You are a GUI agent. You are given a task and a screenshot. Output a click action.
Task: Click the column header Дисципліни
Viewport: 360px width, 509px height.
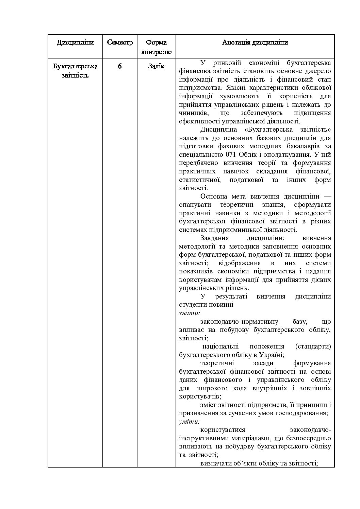point(75,43)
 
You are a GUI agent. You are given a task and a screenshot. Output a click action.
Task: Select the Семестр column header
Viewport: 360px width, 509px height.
point(120,43)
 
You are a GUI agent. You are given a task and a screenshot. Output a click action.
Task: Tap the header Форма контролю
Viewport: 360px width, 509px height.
point(156,47)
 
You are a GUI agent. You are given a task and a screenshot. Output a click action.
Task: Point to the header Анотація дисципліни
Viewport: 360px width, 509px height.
point(255,43)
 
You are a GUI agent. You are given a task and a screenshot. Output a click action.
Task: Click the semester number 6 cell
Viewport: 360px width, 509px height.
point(120,66)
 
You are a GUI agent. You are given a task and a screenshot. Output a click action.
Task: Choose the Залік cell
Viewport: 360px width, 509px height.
point(156,66)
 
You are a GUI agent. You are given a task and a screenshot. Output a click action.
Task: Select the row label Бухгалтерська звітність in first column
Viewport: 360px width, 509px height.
point(75,71)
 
